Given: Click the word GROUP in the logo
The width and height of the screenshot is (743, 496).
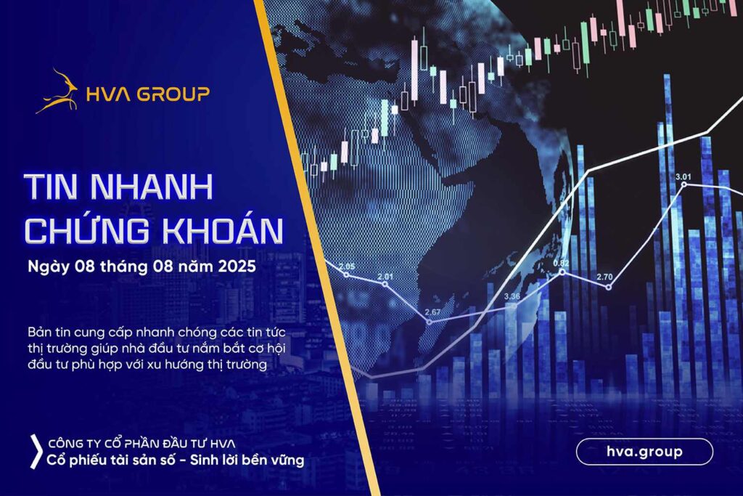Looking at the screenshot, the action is (173, 94).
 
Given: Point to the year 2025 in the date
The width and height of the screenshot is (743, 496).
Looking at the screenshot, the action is (237, 266).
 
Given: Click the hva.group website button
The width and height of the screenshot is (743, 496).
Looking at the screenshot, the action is (644, 452).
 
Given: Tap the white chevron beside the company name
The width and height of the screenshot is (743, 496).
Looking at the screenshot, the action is (36, 452).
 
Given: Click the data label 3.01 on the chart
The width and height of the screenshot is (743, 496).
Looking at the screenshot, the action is (684, 177).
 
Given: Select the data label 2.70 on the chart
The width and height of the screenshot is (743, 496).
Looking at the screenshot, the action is (604, 277).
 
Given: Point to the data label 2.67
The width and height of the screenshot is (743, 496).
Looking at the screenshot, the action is (432, 312).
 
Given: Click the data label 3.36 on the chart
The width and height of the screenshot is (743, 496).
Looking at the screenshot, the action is (512, 296).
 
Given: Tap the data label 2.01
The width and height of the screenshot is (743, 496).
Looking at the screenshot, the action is (385, 277).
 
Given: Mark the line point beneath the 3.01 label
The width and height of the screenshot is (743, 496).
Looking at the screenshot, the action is (684, 184).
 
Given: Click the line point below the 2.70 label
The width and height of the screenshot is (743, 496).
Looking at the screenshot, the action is (609, 288).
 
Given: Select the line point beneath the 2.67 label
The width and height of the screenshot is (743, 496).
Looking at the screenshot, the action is (430, 322).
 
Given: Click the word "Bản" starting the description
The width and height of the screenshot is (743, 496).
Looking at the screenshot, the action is (38, 332).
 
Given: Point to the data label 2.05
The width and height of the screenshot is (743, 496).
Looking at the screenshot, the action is (347, 267).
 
